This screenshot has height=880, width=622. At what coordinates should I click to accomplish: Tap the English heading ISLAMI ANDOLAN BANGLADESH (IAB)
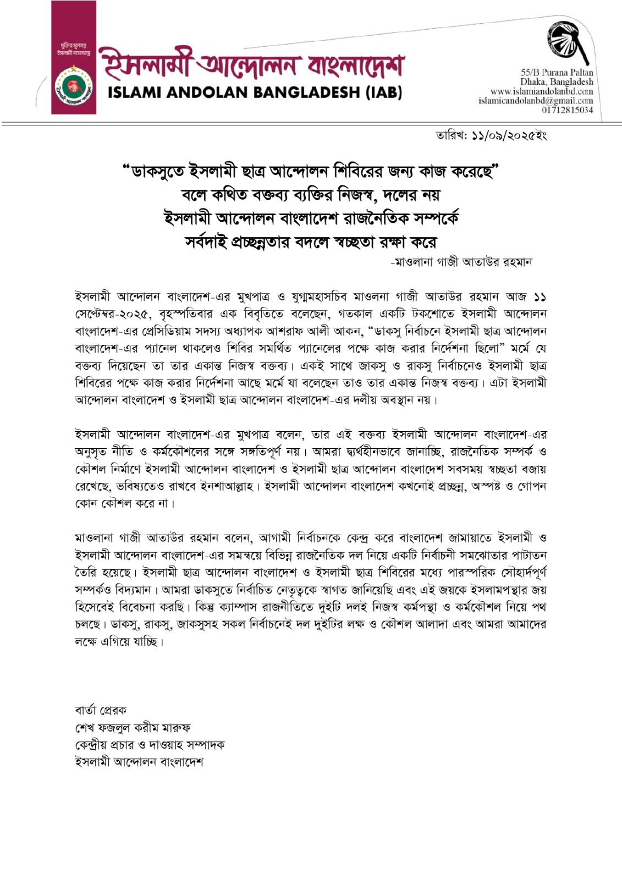point(255,92)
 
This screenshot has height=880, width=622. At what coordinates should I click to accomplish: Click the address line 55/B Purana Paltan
point(557,72)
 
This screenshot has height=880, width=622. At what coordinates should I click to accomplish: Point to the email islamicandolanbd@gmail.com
point(536,101)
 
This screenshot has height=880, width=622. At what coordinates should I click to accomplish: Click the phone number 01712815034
point(568,110)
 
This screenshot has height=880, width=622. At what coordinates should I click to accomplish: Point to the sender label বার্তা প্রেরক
point(101,710)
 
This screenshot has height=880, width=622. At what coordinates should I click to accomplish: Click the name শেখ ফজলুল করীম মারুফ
point(133,728)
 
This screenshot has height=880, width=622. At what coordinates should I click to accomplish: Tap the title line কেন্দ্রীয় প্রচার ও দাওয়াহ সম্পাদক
point(150,745)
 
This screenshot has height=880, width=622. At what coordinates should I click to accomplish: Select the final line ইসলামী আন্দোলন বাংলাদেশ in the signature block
point(139,762)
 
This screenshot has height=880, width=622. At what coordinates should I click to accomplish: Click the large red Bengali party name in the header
point(251,65)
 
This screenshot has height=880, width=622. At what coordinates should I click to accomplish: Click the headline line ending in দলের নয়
point(311,195)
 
